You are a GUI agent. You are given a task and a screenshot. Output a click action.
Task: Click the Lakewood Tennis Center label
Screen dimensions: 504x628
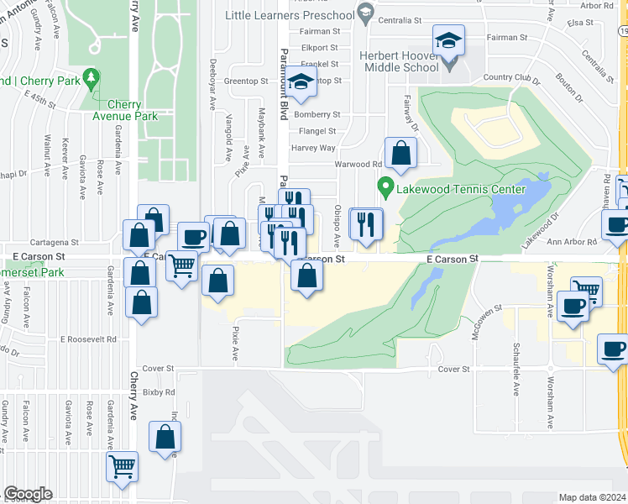(462, 189)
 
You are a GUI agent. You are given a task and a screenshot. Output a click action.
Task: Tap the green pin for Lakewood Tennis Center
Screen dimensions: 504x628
(386, 186)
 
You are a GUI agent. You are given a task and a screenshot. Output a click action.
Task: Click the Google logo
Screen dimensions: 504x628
(27, 494)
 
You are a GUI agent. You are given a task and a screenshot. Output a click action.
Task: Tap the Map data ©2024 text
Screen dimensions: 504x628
(591, 497)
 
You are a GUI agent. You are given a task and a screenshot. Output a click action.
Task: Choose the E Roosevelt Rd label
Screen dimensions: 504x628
(87, 339)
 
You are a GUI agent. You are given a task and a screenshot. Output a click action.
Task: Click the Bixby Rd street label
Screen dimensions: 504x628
(158, 392)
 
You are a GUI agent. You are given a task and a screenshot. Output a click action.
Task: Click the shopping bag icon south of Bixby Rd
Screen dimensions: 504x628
(165, 437)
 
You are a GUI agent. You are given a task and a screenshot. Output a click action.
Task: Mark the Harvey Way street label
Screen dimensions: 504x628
(313, 148)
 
